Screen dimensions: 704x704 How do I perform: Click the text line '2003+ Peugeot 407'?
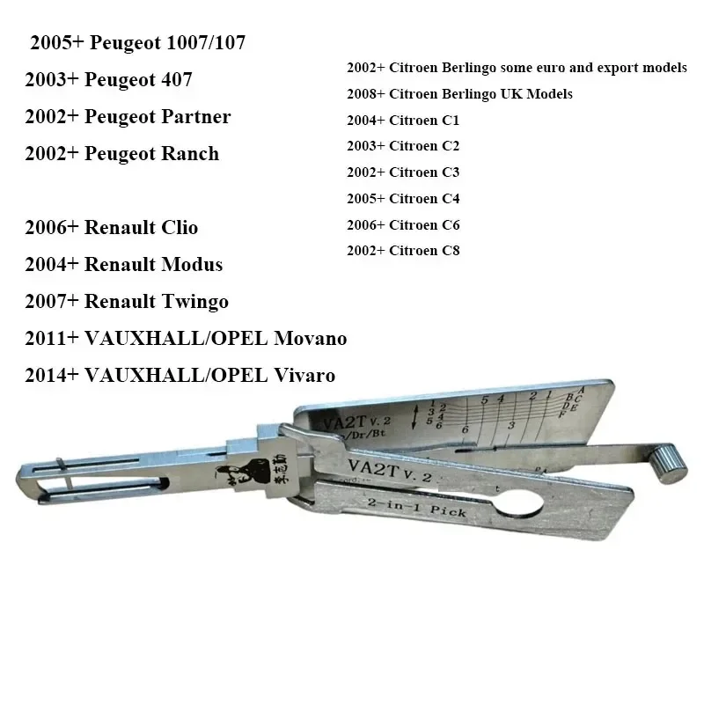click(108, 80)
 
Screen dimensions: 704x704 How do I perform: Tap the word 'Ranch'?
click(191, 154)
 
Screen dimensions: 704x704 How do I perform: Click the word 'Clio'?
click(176, 228)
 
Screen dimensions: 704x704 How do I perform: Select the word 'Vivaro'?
click(305, 376)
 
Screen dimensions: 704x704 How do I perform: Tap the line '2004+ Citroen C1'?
click(403, 121)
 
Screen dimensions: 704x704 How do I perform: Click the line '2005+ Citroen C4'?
click(403, 199)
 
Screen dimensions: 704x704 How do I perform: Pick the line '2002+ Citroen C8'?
click(403, 251)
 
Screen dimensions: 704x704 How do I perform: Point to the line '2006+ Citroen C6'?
click(403, 224)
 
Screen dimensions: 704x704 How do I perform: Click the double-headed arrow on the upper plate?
click(414, 415)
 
